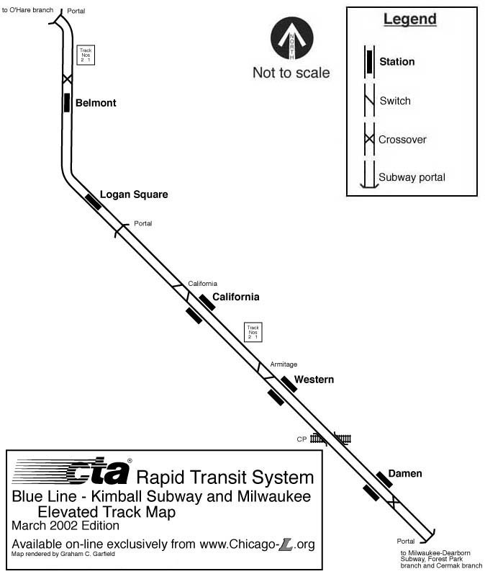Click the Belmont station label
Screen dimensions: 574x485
pos(96,103)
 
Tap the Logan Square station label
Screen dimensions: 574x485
pos(133,194)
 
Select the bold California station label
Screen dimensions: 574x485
pos(235,297)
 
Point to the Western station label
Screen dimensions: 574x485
pos(314,380)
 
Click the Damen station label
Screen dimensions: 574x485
pos(404,473)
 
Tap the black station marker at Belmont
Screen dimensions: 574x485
pos(67,102)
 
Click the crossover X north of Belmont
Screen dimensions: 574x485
pos(67,79)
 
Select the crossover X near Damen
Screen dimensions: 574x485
pos(392,501)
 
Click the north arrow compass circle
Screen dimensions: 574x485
pos(291,39)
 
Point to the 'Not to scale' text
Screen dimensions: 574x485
pos(291,73)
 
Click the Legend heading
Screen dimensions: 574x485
pos(409,19)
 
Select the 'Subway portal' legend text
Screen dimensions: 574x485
pos(412,177)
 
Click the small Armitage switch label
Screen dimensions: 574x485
pos(284,364)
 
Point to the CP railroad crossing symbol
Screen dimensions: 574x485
pos(330,438)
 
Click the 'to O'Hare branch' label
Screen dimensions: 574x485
pos(28,10)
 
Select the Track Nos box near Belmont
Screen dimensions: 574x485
pos(86,55)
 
